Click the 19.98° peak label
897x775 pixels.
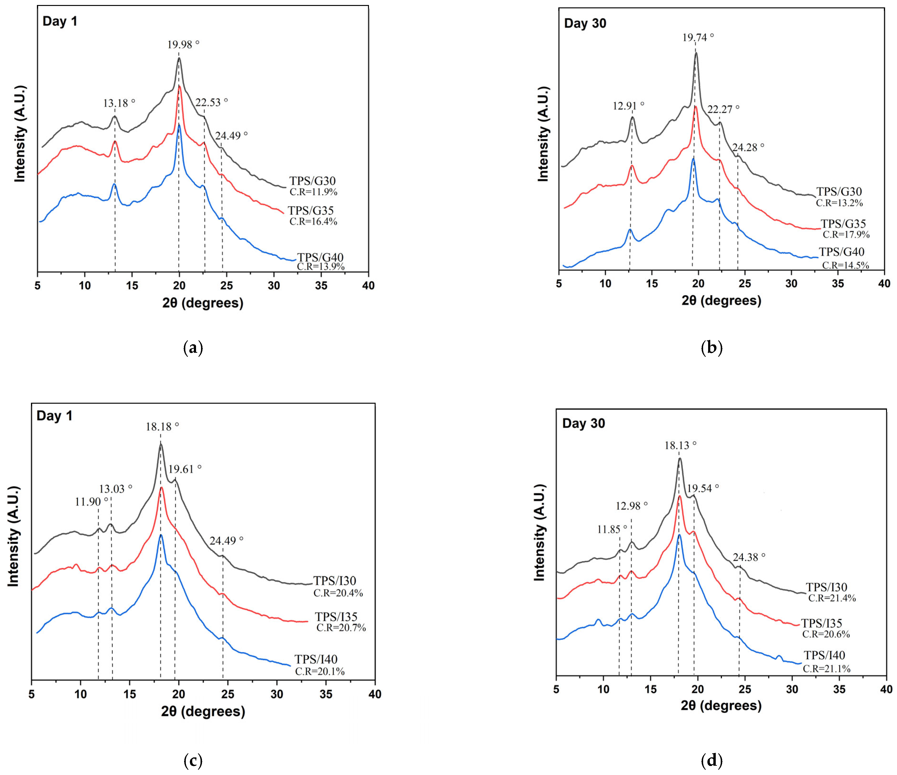[184, 44]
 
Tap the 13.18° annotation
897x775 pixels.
[119, 103]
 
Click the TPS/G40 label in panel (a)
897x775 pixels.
[320, 258]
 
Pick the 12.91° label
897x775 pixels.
[628, 105]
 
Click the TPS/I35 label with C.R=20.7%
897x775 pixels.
[336, 617]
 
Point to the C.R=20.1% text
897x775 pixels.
[320, 672]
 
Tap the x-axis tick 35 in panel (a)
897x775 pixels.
[321, 286]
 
